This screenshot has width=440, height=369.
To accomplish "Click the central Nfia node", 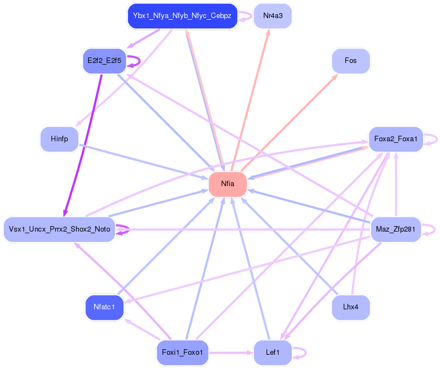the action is click(x=228, y=184).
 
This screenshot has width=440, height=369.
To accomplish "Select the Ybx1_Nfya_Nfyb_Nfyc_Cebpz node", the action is click(x=182, y=16).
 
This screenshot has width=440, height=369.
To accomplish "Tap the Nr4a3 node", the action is click(x=273, y=16).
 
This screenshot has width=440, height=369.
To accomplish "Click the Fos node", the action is click(x=351, y=61).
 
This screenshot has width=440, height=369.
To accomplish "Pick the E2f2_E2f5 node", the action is click(x=105, y=61).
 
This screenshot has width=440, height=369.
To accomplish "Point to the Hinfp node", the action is click(x=59, y=139).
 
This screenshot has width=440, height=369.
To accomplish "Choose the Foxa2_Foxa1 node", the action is click(x=396, y=139).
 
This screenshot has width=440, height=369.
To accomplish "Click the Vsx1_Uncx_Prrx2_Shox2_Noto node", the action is click(x=59, y=229).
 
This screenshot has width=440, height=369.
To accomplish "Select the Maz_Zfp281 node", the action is click(x=396, y=229).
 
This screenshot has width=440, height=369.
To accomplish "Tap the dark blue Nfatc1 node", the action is click(x=105, y=307).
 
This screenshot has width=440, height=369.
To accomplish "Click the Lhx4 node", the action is click(x=351, y=307).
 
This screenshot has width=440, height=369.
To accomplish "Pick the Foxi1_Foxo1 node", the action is click(x=182, y=353).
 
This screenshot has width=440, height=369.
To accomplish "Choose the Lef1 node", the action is click(x=273, y=353).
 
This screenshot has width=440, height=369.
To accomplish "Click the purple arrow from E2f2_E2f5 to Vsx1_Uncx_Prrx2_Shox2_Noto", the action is click(x=83, y=145).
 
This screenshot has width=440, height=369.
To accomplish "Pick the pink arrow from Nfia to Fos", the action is click(x=289, y=123).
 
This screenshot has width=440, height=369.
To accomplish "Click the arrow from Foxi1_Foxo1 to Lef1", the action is click(x=231, y=353).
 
